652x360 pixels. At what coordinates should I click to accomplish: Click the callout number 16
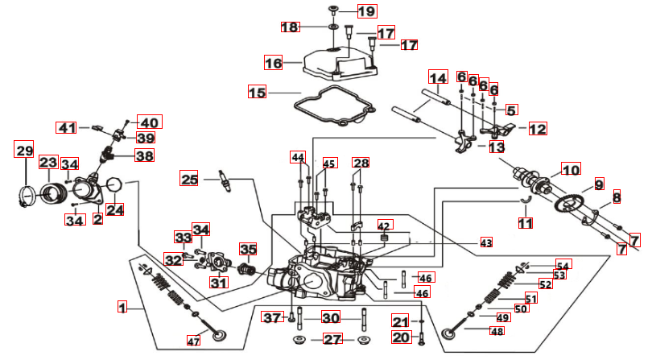pyautogui.click(x=274, y=62)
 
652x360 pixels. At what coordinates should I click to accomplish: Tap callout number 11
pyautogui.click(x=525, y=223)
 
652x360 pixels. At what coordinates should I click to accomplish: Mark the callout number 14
pyautogui.click(x=438, y=78)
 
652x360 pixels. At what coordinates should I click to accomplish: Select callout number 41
pyautogui.click(x=66, y=127)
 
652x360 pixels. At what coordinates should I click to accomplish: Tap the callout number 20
pyautogui.click(x=400, y=337)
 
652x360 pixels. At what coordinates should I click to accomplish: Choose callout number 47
pyautogui.click(x=193, y=341)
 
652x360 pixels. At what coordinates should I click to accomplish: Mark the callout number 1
pyautogui.click(x=122, y=307)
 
